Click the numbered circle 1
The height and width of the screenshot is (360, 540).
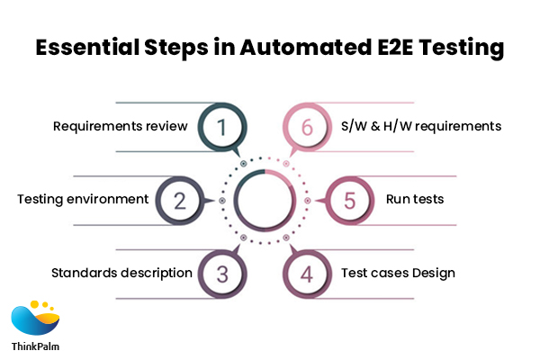point(220,128)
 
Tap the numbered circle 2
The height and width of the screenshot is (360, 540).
point(180,200)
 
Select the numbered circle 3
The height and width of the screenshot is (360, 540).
point(220,273)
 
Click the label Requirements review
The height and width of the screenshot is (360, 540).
point(120,127)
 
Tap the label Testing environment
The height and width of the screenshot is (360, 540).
point(82,199)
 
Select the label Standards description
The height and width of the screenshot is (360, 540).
point(121,273)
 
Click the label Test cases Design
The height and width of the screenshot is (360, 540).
point(398,273)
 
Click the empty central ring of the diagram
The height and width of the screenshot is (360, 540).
point(264,200)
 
